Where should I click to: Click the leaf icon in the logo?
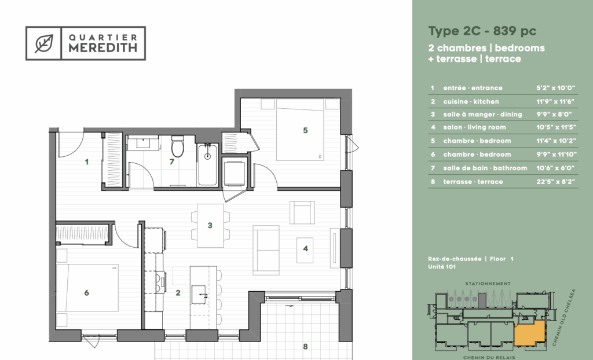click(x=44, y=43)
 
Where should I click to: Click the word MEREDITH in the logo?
click(x=103, y=47)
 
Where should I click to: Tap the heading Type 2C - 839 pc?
click(x=482, y=31)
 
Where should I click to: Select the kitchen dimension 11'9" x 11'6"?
click(x=555, y=101)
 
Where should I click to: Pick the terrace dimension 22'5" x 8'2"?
click(x=555, y=182)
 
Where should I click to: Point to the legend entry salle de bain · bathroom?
click(x=485, y=168)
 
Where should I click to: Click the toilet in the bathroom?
click(x=177, y=146)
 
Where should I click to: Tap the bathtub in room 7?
click(x=208, y=165)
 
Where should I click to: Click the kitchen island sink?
click(x=199, y=295)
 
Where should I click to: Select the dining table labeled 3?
click(x=210, y=225)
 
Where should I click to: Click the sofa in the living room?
click(x=266, y=250)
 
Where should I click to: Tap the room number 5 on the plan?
click(x=305, y=130)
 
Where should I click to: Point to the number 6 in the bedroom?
click(x=87, y=293)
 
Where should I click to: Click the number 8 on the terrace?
click(x=305, y=346)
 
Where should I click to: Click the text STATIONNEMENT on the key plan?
click(x=488, y=284)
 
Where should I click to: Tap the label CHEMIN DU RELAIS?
click(x=489, y=357)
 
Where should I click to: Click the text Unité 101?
click(x=442, y=267)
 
